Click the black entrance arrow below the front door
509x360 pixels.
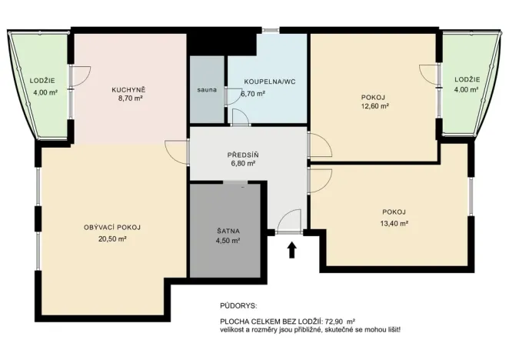[291, 250]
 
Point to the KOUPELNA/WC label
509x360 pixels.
[269, 81]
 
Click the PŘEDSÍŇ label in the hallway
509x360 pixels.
[242, 154]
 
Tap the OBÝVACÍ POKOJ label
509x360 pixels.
[112, 227]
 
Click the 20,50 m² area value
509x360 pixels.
[112, 239]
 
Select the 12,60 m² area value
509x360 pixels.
[374, 107]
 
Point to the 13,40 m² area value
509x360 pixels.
[394, 224]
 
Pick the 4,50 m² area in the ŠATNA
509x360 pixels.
[228, 241]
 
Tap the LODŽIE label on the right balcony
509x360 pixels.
[467, 79]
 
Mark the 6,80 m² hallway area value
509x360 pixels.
[242, 164]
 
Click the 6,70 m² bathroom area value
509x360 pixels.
[254, 93]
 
